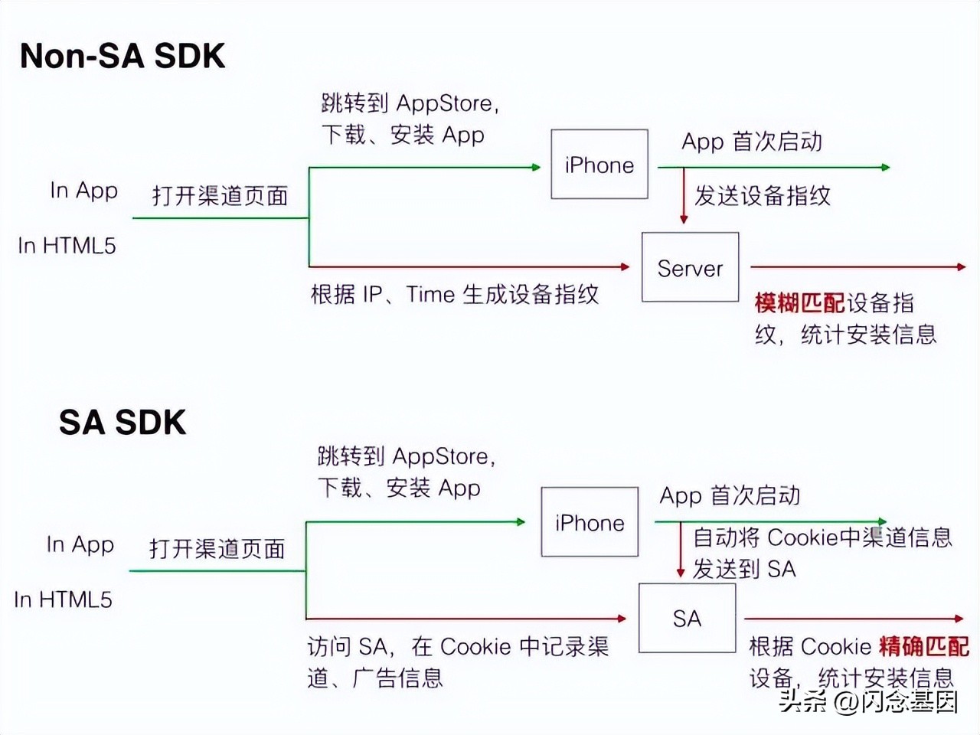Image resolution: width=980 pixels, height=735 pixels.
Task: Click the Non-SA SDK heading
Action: [122, 56]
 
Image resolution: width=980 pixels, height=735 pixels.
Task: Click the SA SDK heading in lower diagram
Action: [122, 423]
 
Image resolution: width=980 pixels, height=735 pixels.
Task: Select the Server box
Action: [690, 267]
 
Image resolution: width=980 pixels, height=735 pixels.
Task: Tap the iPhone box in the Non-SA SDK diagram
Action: [599, 165]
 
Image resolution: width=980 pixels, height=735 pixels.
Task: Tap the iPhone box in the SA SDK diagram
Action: [590, 522]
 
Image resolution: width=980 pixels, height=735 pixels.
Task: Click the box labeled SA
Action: [687, 618]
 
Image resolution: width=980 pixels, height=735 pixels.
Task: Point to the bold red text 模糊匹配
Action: [799, 303]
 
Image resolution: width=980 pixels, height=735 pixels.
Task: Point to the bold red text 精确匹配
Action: [924, 646]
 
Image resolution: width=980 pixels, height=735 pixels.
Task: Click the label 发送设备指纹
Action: [763, 196]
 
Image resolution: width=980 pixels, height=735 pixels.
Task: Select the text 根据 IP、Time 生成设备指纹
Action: [455, 295]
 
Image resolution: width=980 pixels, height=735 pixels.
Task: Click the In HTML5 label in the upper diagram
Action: [67, 246]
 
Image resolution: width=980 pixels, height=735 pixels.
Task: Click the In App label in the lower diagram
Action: [80, 544]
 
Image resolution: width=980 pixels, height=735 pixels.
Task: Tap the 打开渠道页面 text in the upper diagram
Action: [220, 196]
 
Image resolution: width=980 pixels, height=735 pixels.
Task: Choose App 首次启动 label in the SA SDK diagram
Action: [730, 495]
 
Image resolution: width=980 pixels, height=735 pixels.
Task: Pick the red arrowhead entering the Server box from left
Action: [625, 266]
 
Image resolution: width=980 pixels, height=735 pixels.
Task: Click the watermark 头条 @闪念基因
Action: [868, 701]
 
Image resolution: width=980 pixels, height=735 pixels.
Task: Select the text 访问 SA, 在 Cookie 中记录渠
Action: [458, 647]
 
